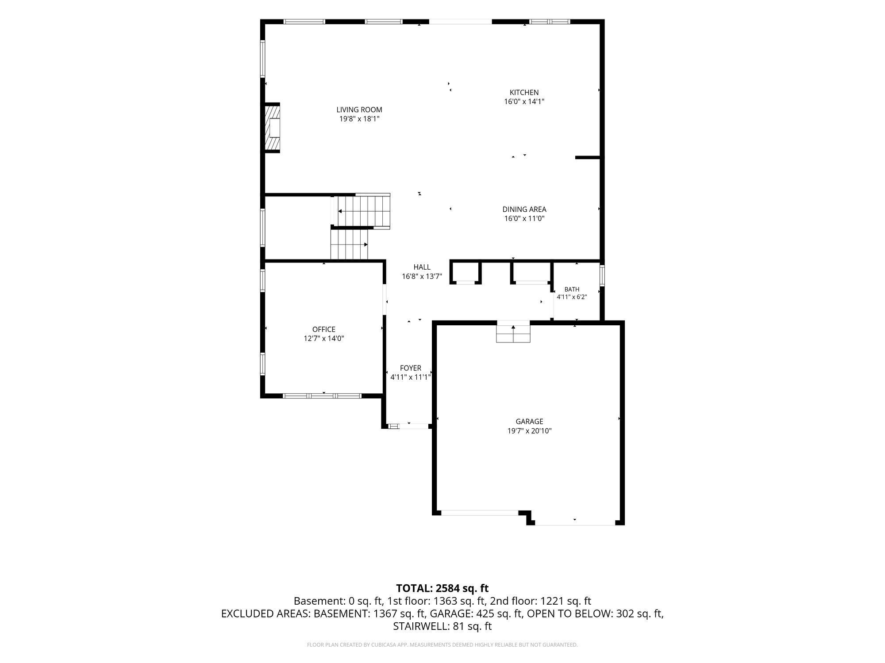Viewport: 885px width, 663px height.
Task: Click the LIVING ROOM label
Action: point(359,110)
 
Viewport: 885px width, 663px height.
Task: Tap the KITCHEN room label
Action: point(524,92)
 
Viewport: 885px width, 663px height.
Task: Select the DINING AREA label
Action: point(524,210)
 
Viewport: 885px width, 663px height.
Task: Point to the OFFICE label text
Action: point(324,329)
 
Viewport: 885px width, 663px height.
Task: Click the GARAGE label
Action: point(529,422)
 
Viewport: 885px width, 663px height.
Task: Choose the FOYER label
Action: point(410,368)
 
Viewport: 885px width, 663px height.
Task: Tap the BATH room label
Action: point(572,290)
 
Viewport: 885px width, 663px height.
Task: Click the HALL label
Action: point(422,267)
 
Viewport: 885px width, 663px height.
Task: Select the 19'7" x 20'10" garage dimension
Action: point(529,431)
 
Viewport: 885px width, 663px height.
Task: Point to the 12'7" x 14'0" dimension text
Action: point(324,339)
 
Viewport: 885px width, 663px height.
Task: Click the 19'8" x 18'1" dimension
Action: point(359,119)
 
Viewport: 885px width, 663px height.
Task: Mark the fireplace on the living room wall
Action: point(272,128)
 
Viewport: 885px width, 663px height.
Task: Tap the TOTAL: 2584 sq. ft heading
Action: point(442,588)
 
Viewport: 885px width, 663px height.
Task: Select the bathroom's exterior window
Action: point(602,275)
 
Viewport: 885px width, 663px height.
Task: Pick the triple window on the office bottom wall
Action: point(322,396)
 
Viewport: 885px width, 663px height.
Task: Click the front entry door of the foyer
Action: point(414,426)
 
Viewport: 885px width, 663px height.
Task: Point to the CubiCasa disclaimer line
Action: point(442,645)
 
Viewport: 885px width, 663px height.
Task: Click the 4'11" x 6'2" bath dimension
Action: point(572,297)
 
